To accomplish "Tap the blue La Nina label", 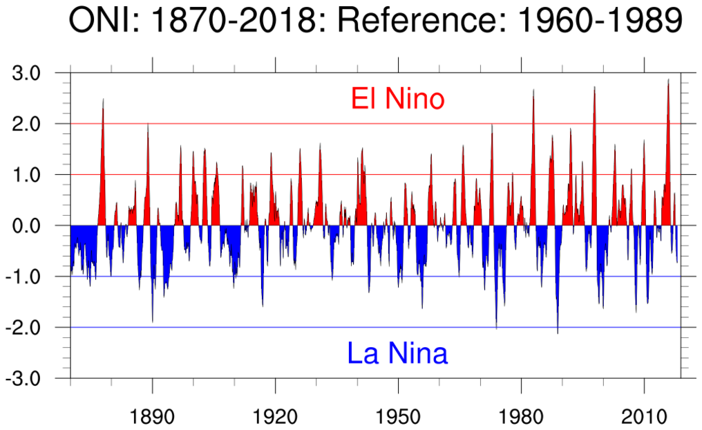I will pos(397,354).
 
